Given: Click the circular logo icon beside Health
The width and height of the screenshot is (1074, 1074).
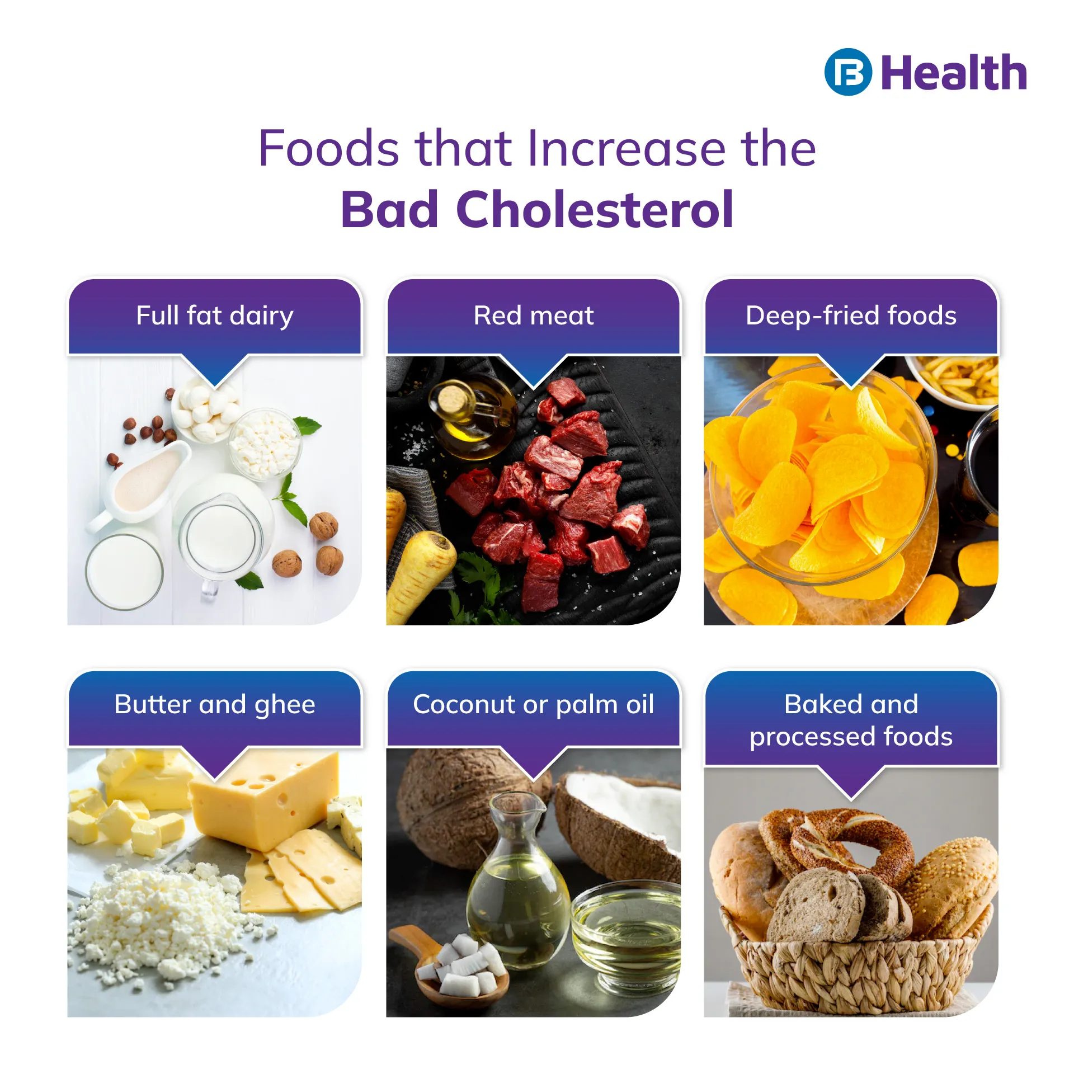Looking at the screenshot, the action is (x=848, y=72).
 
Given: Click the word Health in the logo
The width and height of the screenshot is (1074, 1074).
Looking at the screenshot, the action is (x=954, y=73).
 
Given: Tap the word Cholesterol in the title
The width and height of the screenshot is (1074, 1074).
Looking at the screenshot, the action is (x=595, y=210).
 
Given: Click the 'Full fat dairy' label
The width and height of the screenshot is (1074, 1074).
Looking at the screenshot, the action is (x=215, y=315).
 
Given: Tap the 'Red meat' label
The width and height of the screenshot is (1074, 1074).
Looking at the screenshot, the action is (x=534, y=315).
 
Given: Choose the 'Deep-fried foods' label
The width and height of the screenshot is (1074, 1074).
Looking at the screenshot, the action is (x=851, y=315).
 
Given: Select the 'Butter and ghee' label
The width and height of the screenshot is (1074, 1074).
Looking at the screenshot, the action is (x=215, y=704).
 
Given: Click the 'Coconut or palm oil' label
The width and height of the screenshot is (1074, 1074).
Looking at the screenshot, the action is (x=534, y=704).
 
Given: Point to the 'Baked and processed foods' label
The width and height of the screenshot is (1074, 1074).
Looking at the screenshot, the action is (x=851, y=720).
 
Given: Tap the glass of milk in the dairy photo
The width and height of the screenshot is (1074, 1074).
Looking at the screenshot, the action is (x=124, y=572).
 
